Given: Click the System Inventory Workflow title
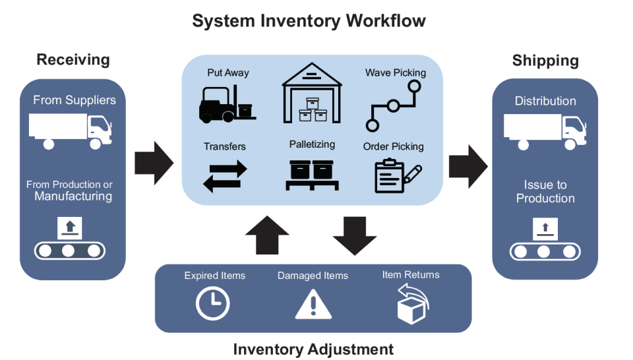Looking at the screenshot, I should [309, 20].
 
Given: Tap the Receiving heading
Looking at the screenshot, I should [73, 60].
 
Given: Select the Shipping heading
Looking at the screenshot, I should [545, 61].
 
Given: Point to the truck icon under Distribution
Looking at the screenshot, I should [545, 131].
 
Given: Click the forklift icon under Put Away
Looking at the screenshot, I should [227, 104].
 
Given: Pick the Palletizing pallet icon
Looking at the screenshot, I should [313, 175].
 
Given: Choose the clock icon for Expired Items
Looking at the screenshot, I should [213, 304].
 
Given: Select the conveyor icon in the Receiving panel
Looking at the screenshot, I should [69, 239].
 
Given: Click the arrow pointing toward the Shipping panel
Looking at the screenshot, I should [467, 162].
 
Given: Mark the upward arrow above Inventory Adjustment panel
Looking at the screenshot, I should [267, 234].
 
